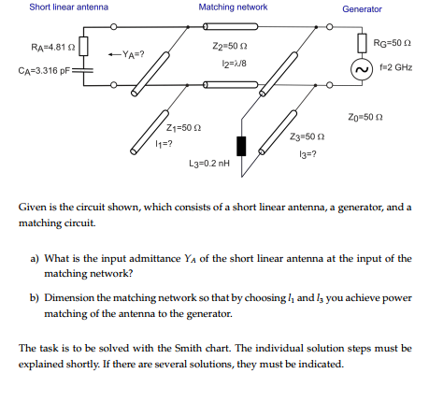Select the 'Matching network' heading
233,7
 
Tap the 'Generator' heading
362,9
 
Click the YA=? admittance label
127,52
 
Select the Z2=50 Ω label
229,45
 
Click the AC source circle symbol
361,70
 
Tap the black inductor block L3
242,145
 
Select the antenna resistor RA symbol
83,46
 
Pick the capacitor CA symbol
83,69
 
